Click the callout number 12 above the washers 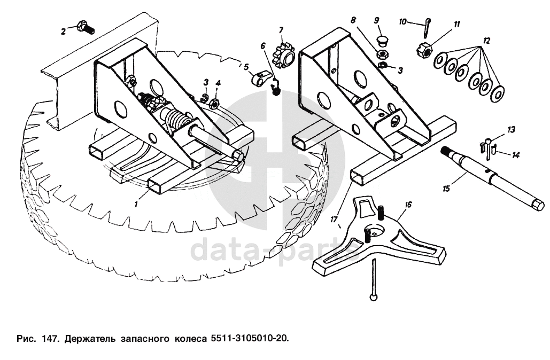(x=486, y=41)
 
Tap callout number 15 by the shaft (x=447, y=187)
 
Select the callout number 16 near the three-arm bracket (x=408, y=204)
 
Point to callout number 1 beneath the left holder (x=137, y=203)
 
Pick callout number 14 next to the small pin (x=515, y=155)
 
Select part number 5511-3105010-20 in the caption (x=246, y=339)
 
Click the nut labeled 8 (x=382, y=53)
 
